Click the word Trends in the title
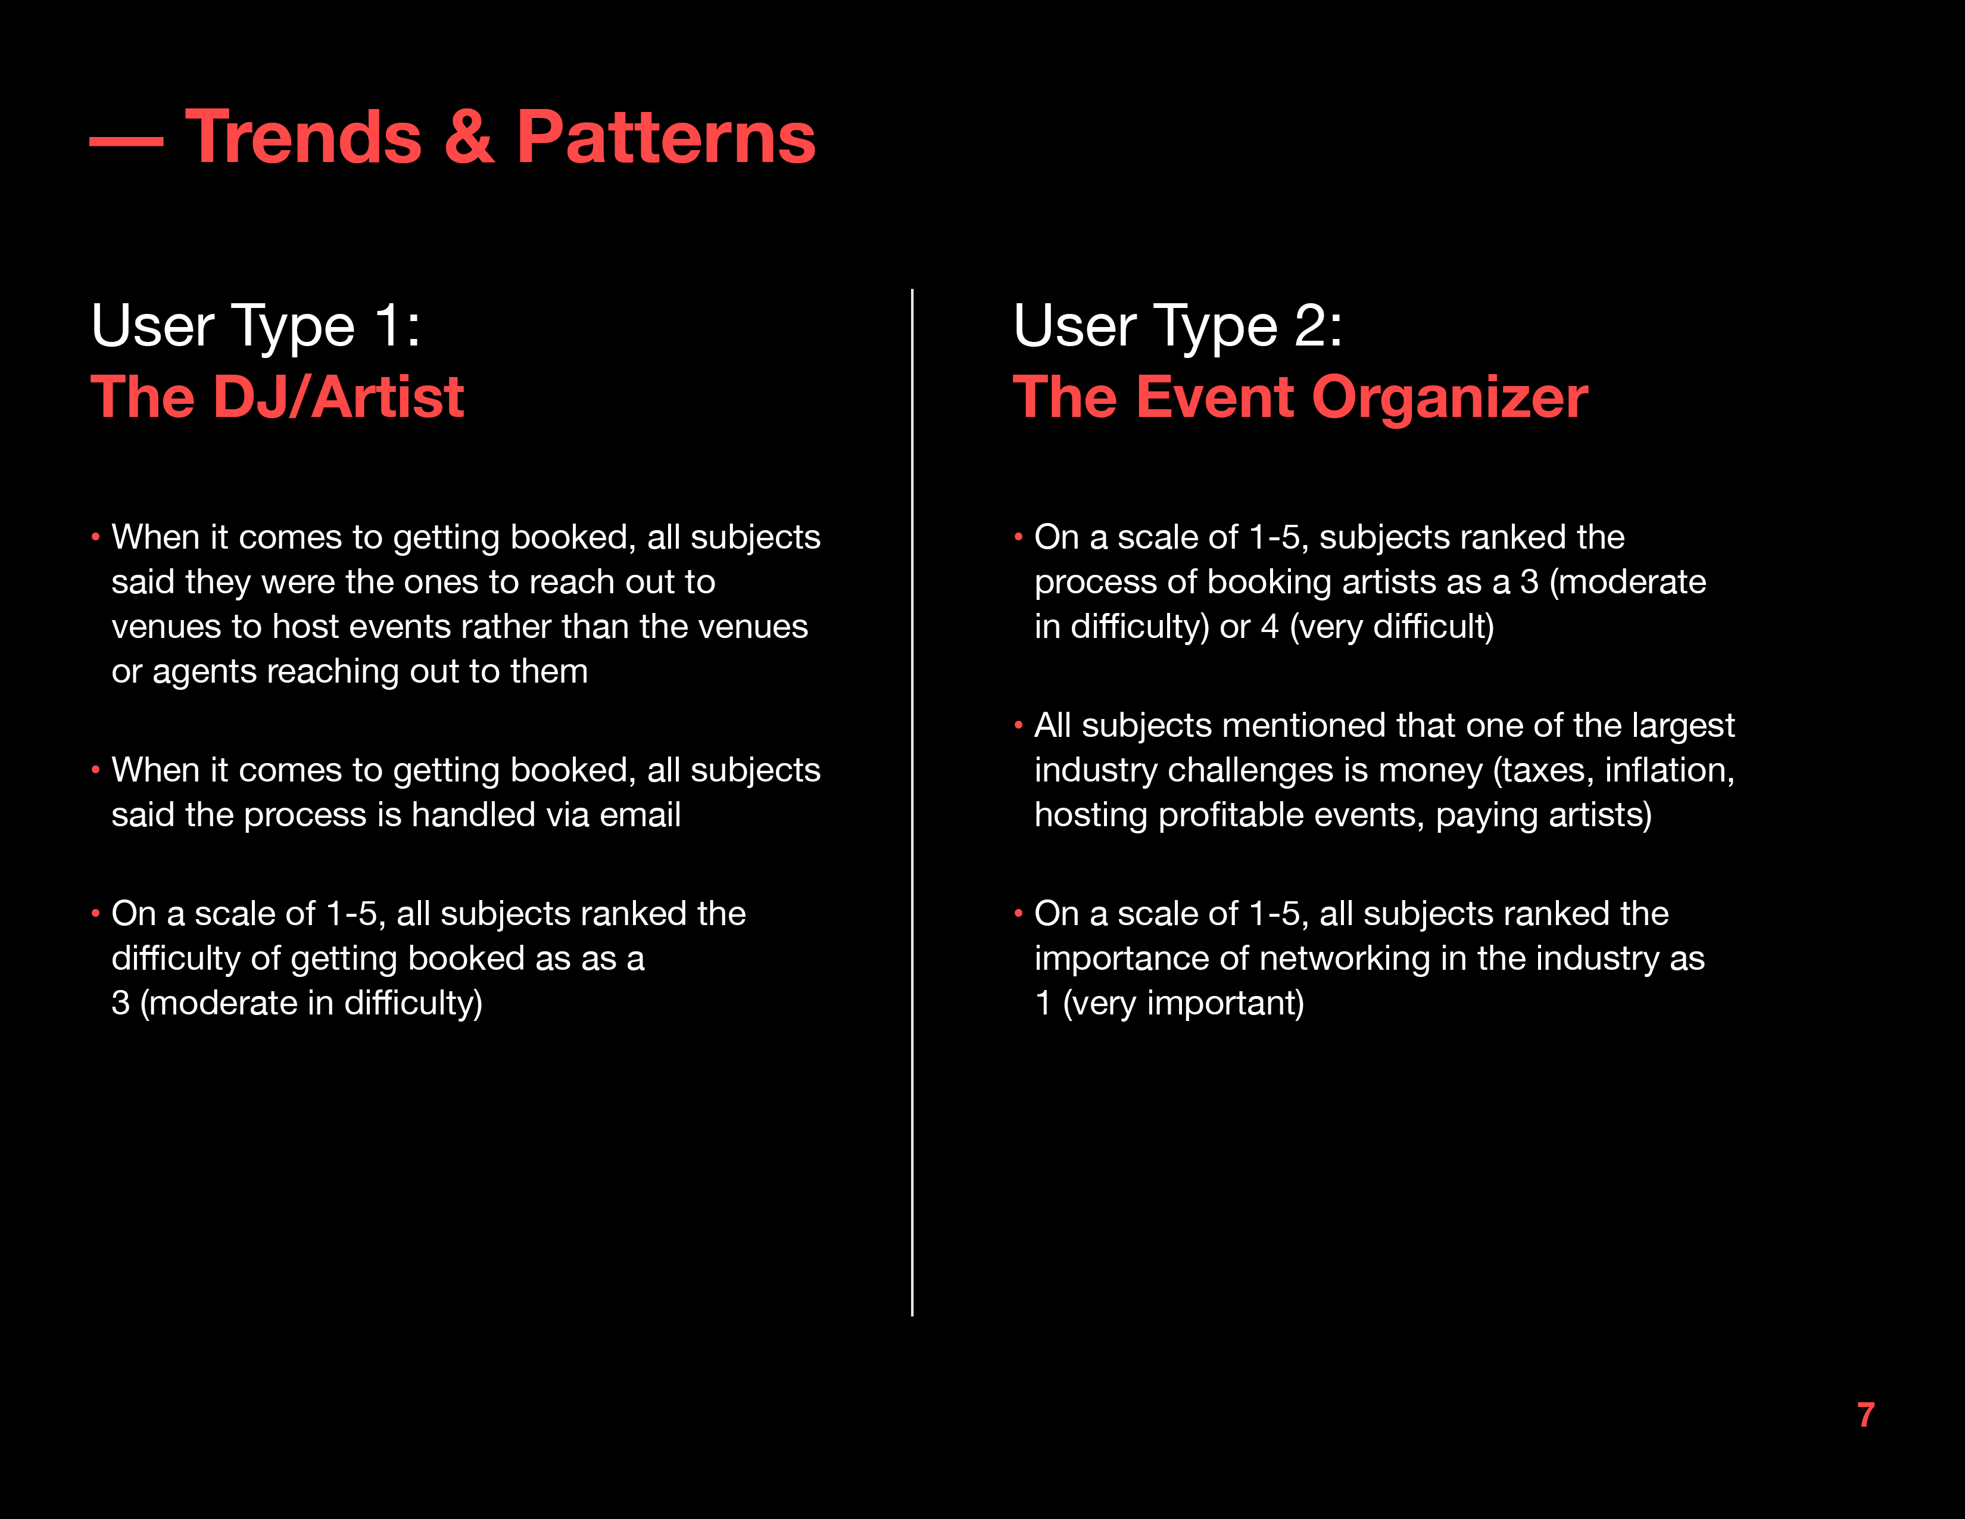pyautogui.click(x=303, y=137)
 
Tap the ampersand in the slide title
pyautogui.click(x=469, y=137)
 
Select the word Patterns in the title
pyautogui.click(x=666, y=137)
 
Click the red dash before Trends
pyautogui.click(x=126, y=141)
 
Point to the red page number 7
pyautogui.click(x=1866, y=1415)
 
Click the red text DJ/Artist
pyautogui.click(x=338, y=397)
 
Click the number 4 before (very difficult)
pyautogui.click(x=1270, y=626)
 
